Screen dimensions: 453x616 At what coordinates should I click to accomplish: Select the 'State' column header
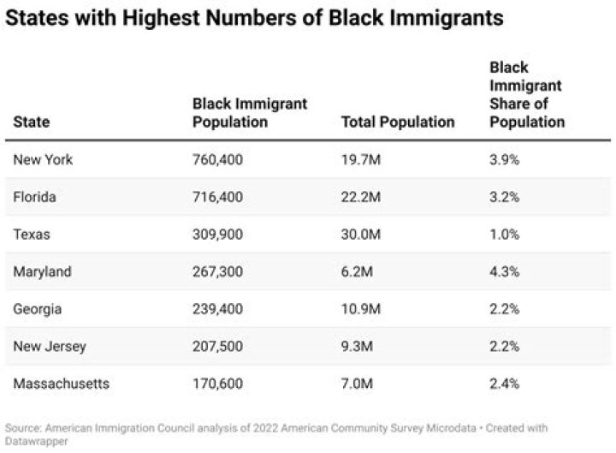pos(32,122)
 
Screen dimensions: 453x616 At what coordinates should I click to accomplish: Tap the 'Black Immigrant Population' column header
pos(249,112)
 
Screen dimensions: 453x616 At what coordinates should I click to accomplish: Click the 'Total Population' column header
pos(397,122)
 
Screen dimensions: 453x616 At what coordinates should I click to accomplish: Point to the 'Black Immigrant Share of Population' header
pos(526,94)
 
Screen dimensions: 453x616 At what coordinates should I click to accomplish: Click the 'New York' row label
pos(43,160)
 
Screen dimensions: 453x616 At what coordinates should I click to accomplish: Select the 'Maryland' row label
pos(42,271)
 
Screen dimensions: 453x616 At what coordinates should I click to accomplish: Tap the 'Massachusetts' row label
pos(62,384)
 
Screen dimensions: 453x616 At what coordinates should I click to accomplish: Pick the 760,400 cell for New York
pos(217,160)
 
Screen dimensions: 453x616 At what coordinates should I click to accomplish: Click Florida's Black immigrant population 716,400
pos(217,197)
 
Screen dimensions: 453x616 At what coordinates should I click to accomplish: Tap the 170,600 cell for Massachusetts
pos(217,384)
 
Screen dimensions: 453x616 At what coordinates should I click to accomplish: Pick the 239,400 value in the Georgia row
pos(217,309)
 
